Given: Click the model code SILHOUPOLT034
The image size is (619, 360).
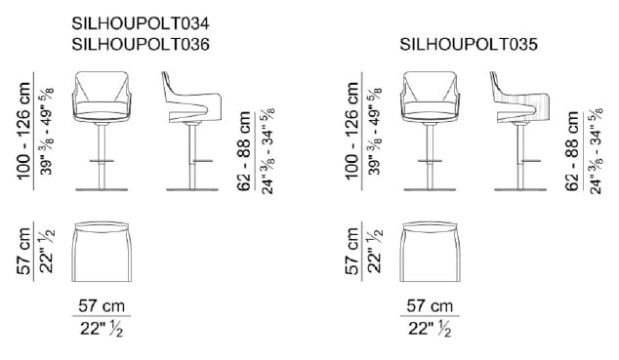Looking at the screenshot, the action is coord(141,23).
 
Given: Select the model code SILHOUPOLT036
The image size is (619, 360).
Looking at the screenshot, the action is coord(141,44).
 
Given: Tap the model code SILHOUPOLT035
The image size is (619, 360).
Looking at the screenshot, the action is coord(469,44).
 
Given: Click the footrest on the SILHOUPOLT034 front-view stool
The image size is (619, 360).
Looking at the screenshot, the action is coord(102,161).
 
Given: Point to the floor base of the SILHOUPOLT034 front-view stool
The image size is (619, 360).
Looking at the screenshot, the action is coord(102,189).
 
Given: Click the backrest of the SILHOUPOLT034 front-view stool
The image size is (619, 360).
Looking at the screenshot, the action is coord(102,86).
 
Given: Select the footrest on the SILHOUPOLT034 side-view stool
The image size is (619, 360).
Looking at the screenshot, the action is coord(202,161).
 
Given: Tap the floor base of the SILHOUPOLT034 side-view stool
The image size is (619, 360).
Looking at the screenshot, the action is coord(192,189).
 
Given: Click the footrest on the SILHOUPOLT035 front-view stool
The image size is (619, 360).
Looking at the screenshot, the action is coord(430,161).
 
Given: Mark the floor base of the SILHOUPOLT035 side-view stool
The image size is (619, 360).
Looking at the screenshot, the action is coord(520,189).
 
